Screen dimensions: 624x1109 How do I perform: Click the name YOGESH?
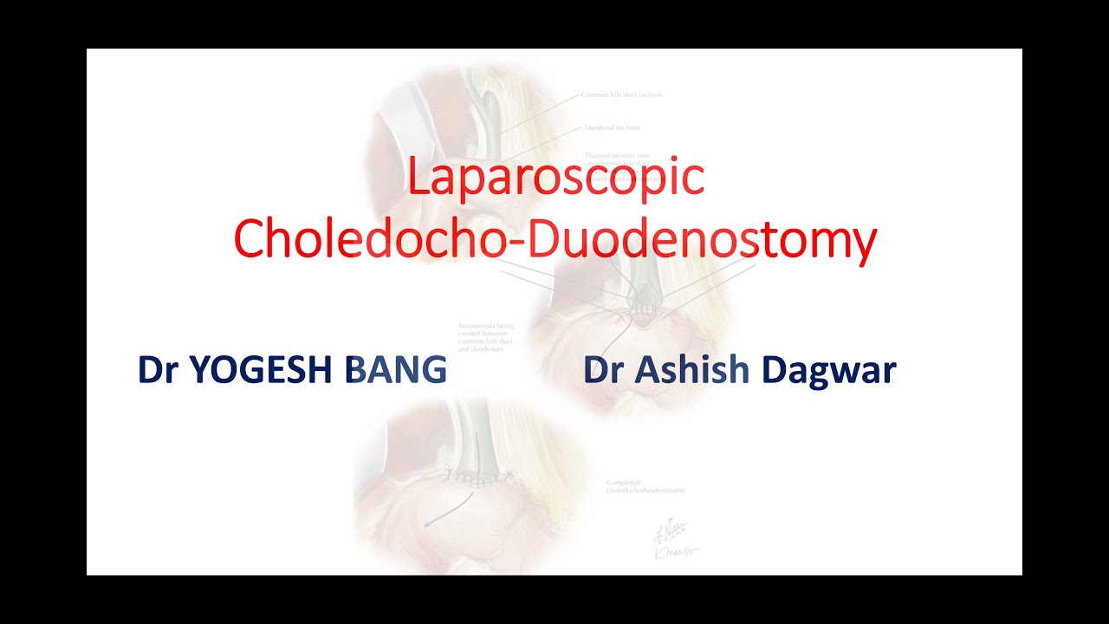pyautogui.click(x=264, y=371)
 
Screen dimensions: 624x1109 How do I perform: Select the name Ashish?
pyautogui.click(x=691, y=371)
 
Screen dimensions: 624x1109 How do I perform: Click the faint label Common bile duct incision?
pyautogui.click(x=620, y=94)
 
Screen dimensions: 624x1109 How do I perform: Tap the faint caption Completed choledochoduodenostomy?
pyautogui.click(x=645, y=486)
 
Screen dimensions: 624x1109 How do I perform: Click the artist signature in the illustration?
pyautogui.click(x=674, y=541)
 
